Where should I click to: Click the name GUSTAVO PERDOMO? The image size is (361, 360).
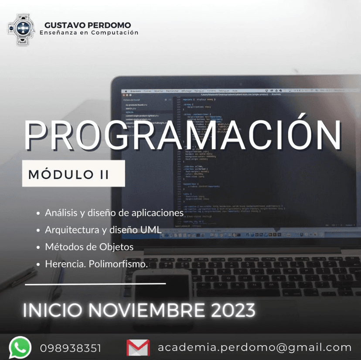88,25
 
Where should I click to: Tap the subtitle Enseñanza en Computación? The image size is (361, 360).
89,33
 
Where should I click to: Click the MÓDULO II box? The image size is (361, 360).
74,173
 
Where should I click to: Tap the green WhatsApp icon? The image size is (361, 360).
20,348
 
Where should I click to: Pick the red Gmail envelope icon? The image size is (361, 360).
138,348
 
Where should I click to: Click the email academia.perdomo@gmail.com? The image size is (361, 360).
255,347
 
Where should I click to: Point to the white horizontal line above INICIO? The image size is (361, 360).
95,284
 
